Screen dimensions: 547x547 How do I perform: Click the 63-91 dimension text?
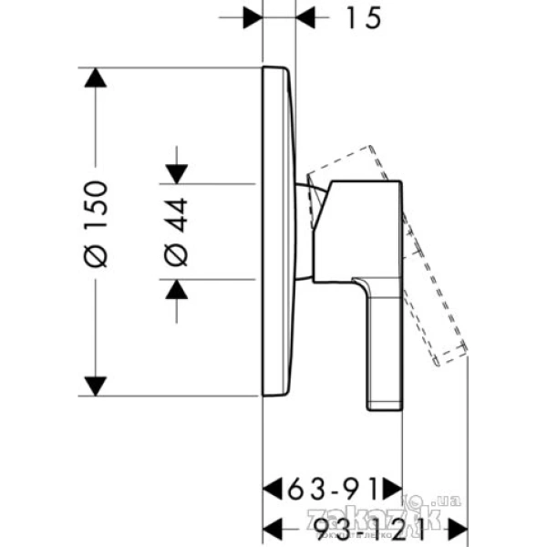pyautogui.click(x=332, y=483)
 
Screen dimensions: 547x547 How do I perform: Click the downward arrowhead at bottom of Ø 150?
pyautogui.click(x=93, y=386)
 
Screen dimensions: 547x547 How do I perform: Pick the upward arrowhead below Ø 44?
pyautogui.click(x=177, y=290)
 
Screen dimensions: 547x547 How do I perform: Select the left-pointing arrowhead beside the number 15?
pyautogui.click(x=309, y=17)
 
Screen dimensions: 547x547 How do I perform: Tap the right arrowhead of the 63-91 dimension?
pyautogui.click(x=391, y=483)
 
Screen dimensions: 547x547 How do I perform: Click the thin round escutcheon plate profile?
pyautogui.click(x=278, y=232)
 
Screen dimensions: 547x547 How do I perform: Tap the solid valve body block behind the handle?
pyautogui.click(x=360, y=228)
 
